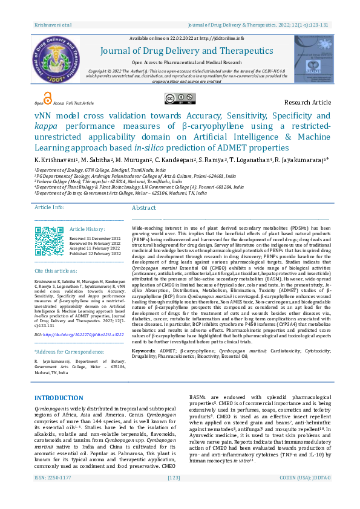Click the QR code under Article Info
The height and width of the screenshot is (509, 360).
(x=49, y=240)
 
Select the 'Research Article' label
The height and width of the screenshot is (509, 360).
(x=307, y=103)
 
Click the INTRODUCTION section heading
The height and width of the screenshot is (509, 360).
(x=59, y=398)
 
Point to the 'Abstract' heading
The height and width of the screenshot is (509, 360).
(x=144, y=208)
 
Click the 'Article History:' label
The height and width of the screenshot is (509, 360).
(x=87, y=230)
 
